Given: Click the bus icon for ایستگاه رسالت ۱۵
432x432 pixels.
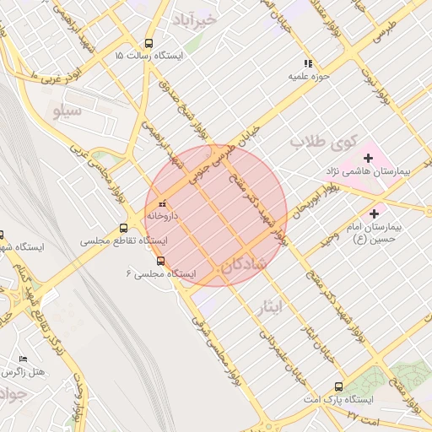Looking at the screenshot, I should coord(148,43).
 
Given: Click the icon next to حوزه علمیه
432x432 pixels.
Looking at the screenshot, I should coord(309,62).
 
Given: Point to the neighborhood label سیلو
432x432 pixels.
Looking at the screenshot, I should coord(67,111).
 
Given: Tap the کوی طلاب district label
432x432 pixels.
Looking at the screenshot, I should coord(325,142).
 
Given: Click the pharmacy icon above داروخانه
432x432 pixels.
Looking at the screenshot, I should coord(162,203).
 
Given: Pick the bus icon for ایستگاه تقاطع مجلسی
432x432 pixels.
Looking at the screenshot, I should coord(124,228).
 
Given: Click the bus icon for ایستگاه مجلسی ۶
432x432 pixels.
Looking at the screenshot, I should coord(161,261).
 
